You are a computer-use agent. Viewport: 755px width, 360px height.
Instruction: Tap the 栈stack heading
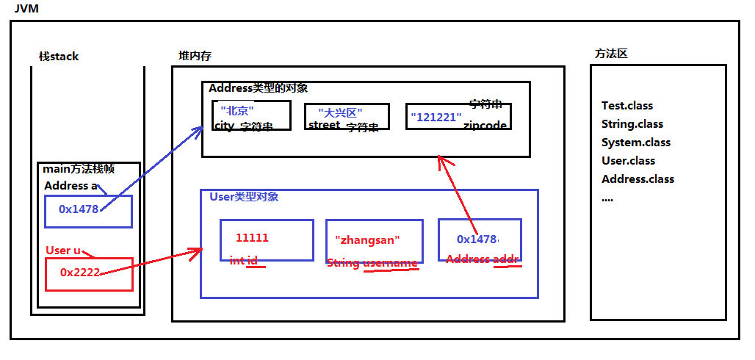pyautogui.click(x=59, y=57)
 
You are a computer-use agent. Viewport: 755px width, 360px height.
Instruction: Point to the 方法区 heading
pyautogui.click(x=611, y=54)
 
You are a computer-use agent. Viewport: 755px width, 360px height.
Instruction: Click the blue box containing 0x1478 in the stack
pyautogui.click(x=87, y=211)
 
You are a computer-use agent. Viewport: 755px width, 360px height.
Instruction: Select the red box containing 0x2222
pyautogui.click(x=88, y=273)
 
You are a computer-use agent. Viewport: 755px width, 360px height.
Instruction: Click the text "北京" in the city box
pyautogui.click(x=236, y=111)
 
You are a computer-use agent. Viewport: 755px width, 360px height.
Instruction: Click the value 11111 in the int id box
pyautogui.click(x=252, y=238)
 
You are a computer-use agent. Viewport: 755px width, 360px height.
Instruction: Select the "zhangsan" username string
pyautogui.click(x=367, y=240)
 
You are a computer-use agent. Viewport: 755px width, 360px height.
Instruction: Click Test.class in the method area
pyautogui.click(x=627, y=106)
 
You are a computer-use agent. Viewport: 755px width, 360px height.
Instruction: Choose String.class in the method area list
pyautogui.click(x=632, y=124)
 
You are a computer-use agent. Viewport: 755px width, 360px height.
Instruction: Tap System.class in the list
pyautogui.click(x=636, y=143)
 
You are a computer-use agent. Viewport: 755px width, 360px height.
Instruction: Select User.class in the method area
pyautogui.click(x=628, y=161)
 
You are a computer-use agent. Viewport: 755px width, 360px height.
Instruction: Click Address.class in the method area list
pyautogui.click(x=637, y=179)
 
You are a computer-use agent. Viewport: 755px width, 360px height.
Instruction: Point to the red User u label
pyautogui.click(x=63, y=251)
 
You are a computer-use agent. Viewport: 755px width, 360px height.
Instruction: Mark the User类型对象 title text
pyautogui.click(x=244, y=197)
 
